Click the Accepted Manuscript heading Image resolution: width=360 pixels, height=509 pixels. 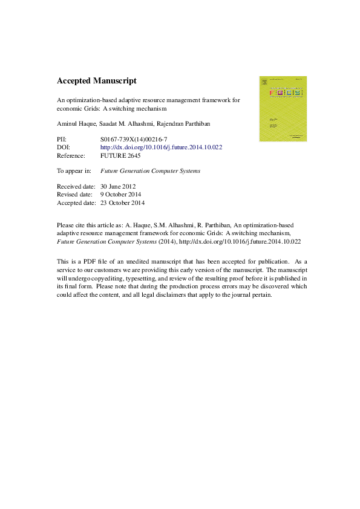pyautogui.click(x=96, y=80)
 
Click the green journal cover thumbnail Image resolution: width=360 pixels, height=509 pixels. pyautogui.click(x=283, y=109)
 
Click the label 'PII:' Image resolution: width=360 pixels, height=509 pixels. pyautogui.click(x=62, y=138)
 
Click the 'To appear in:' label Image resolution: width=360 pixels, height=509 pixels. pyautogui.click(x=74, y=170)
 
